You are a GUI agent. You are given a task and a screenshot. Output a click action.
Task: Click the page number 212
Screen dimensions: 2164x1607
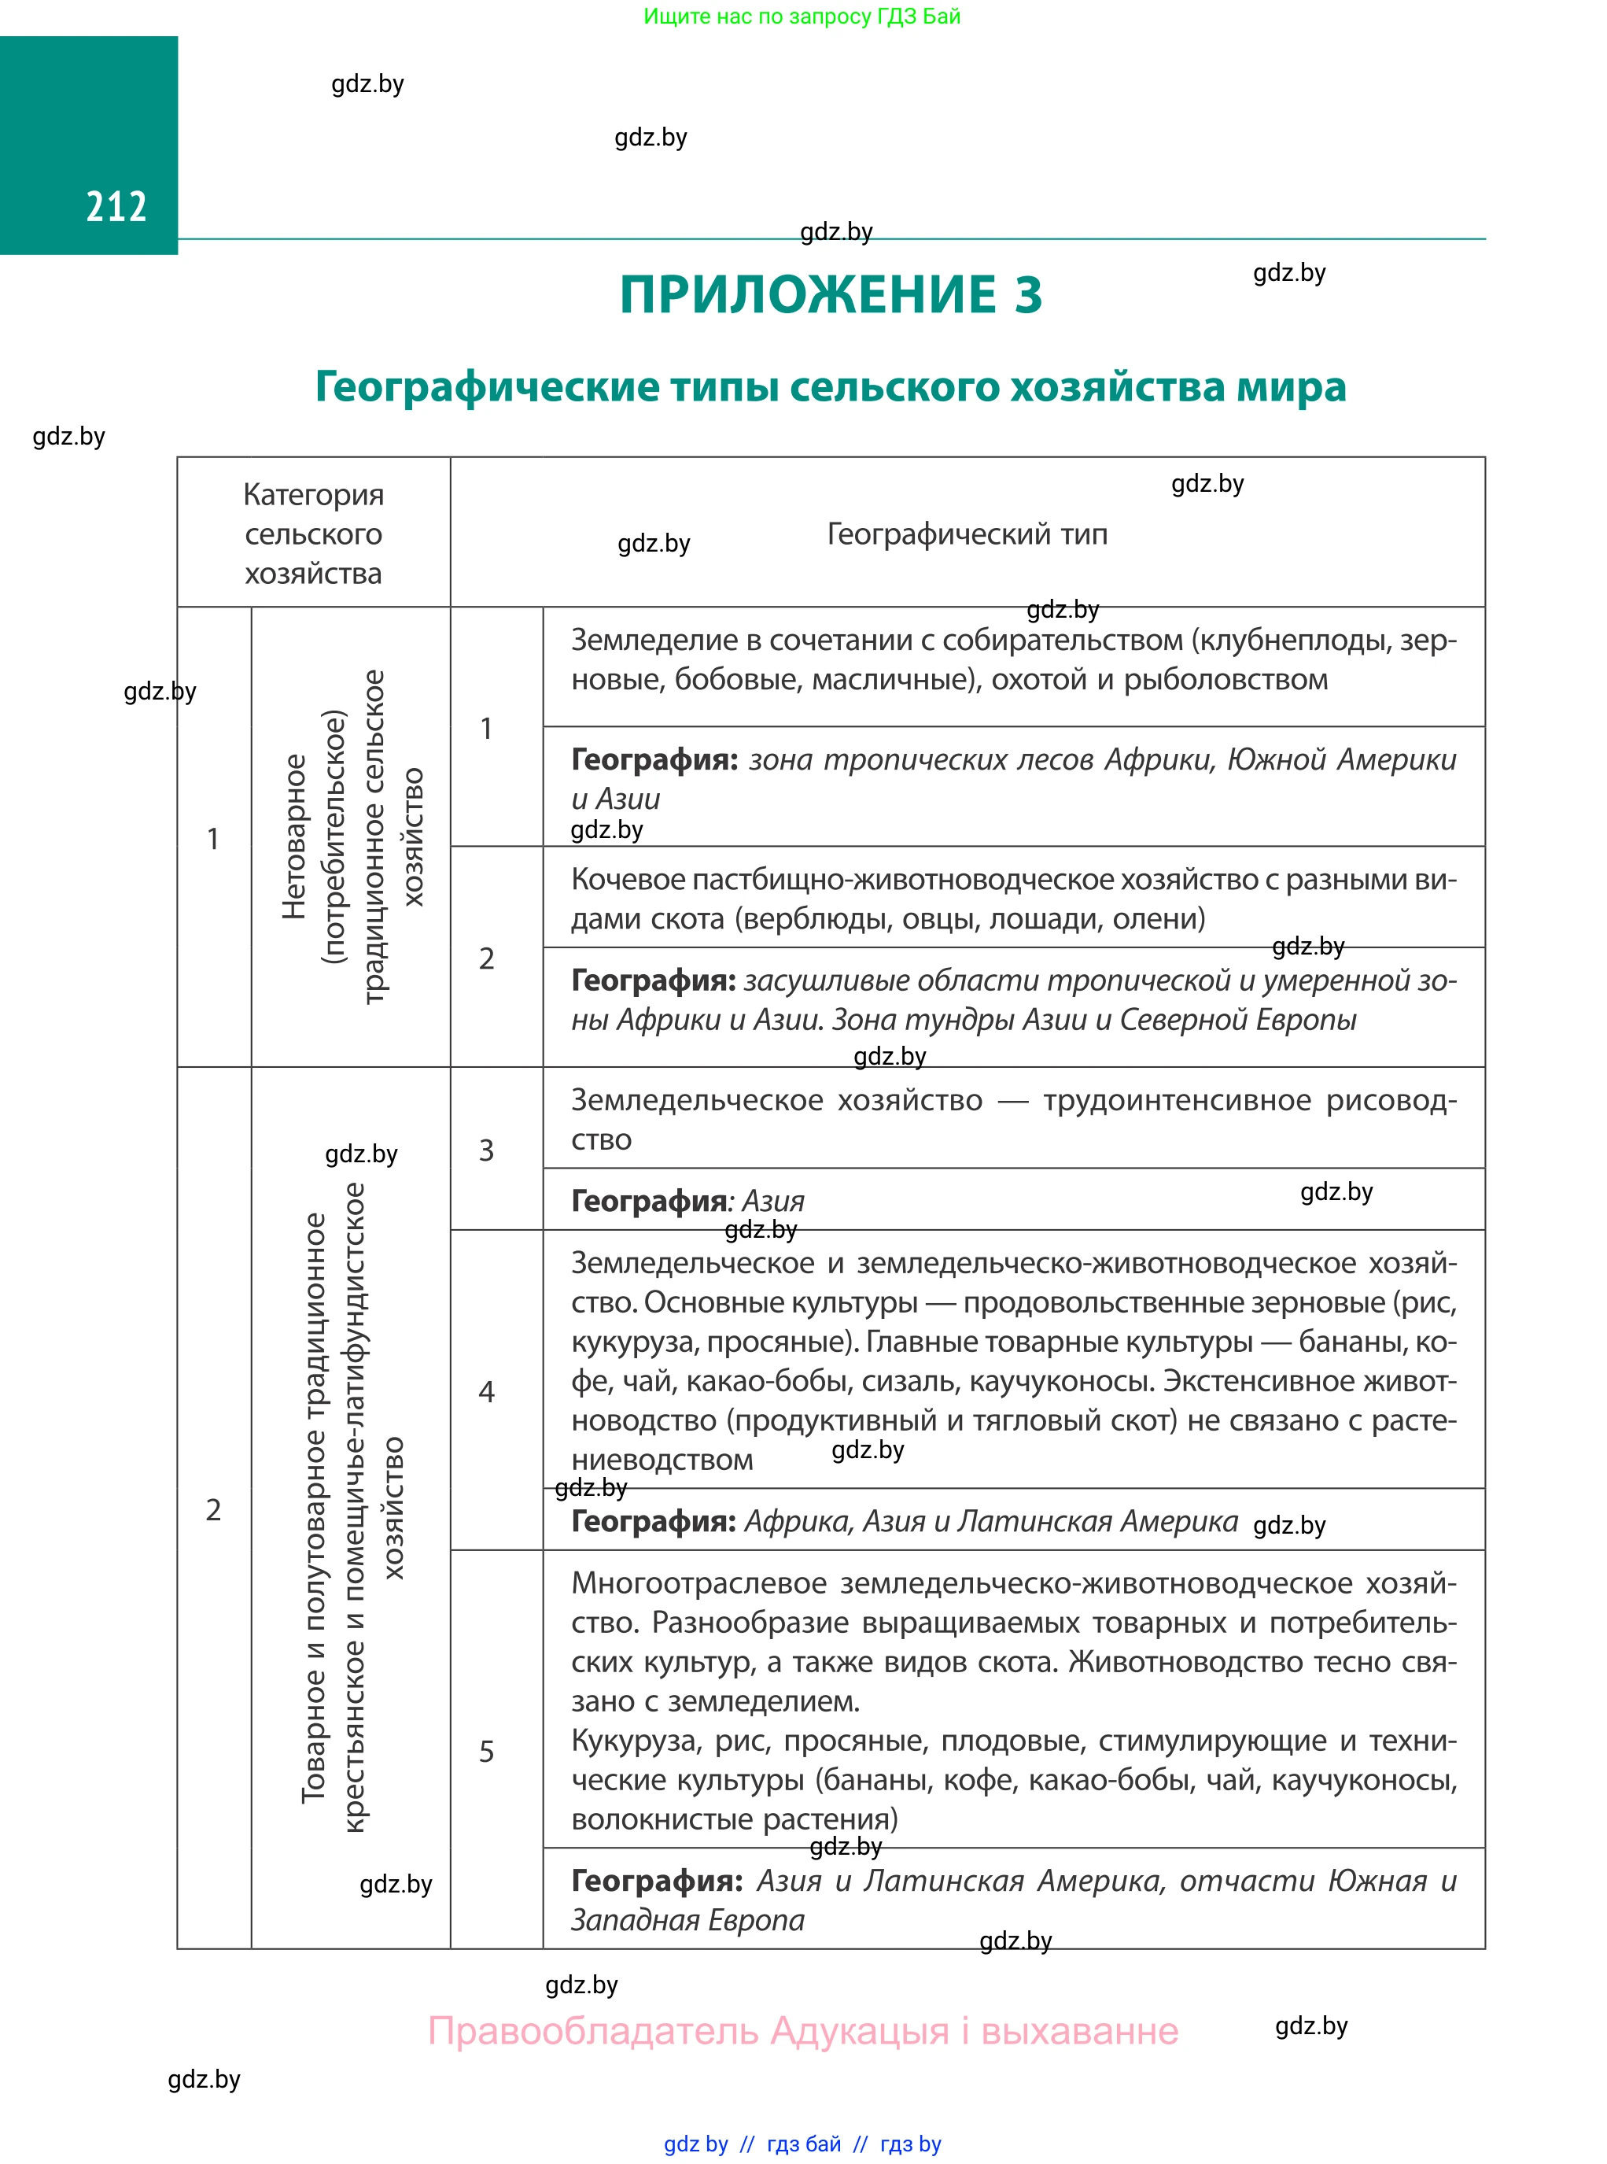[x=116, y=206]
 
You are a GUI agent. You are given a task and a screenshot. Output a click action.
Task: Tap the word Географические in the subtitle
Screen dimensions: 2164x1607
[x=486, y=387]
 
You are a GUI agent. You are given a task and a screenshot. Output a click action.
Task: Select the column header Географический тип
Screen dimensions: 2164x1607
[x=966, y=534]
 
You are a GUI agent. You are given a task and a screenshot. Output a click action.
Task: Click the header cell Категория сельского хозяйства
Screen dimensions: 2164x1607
[x=313, y=534]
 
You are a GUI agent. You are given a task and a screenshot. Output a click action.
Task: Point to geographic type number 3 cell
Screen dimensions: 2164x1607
[x=486, y=1150]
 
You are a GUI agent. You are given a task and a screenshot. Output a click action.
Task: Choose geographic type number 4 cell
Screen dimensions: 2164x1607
[x=486, y=1391]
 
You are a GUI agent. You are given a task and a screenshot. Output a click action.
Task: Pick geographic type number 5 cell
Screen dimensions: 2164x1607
[x=486, y=1752]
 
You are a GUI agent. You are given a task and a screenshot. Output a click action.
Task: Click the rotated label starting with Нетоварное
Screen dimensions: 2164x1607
[x=293, y=836]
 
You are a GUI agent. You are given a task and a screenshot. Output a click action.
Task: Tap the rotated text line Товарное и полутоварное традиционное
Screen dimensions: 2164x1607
[x=313, y=1509]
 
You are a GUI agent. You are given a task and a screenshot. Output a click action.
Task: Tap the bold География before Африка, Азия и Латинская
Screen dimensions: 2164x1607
[x=653, y=1521]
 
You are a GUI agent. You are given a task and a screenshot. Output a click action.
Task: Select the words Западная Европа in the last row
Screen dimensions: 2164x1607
[x=687, y=1920]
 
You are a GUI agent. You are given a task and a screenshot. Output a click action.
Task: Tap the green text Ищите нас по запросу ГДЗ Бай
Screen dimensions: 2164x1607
[x=802, y=17]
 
